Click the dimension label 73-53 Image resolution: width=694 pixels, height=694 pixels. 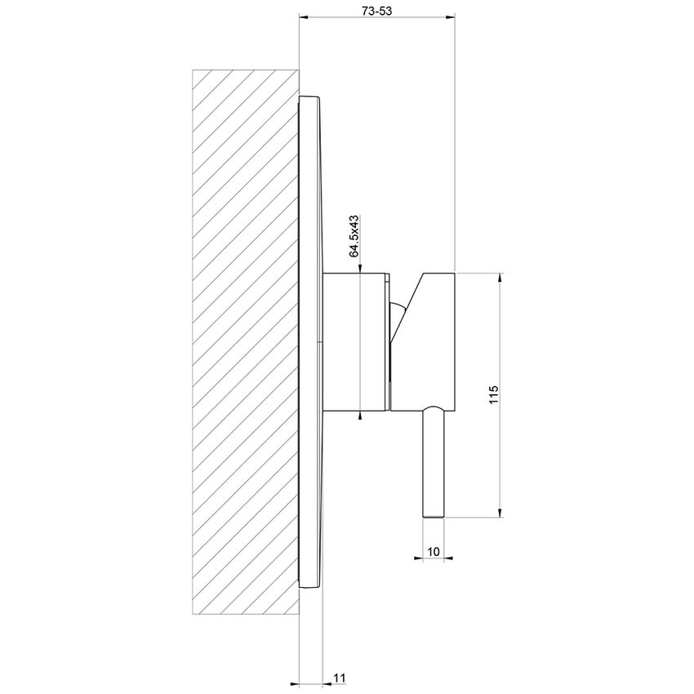[377, 10]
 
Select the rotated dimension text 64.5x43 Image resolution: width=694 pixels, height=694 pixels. [354, 237]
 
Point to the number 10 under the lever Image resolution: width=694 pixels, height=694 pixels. [434, 552]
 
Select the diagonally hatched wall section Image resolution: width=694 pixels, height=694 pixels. [245, 343]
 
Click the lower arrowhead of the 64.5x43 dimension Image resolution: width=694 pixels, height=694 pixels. [361, 416]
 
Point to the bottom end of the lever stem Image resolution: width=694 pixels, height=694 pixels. [434, 514]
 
